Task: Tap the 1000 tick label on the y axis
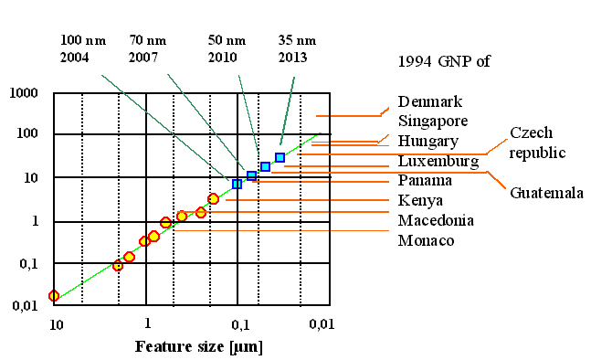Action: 23,93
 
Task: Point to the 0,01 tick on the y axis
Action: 23,305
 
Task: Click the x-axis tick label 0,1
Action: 239,323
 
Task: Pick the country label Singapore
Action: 434,120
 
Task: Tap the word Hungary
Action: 428,142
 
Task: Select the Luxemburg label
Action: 438,162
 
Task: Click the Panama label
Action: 426,181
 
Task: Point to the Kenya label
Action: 421,200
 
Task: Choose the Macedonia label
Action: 437,220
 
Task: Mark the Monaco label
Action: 427,240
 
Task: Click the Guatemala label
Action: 545,193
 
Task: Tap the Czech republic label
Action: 538,143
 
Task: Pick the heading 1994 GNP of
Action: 444,62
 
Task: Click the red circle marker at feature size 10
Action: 54,296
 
